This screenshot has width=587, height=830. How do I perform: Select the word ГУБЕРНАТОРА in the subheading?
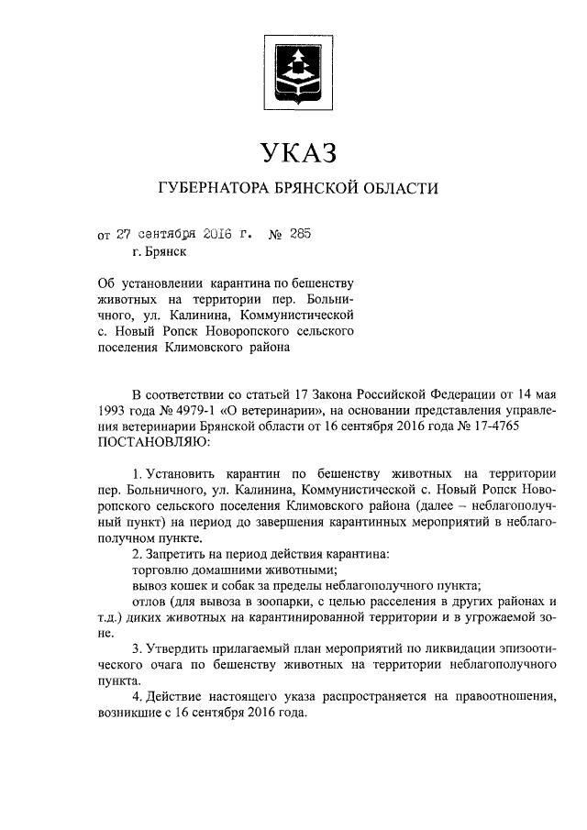214,189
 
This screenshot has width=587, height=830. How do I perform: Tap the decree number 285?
300,233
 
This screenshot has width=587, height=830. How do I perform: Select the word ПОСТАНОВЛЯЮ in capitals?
153,443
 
